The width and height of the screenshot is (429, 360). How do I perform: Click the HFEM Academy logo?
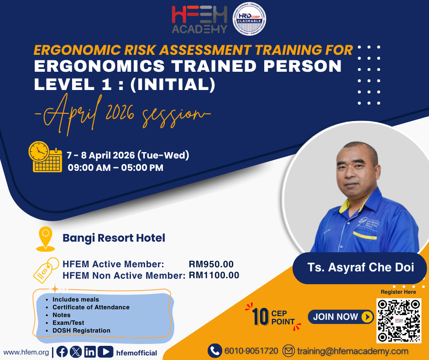coord(199,20)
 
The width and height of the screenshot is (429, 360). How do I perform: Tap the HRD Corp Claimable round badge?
coord(249,19)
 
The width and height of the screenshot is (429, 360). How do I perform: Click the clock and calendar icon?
coord(46,157)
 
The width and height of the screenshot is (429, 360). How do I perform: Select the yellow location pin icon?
coord(46,239)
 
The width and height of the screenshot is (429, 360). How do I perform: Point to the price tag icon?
coord(46,270)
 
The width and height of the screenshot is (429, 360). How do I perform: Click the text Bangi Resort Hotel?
coord(114,238)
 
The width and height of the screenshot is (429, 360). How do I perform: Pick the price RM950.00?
coord(211,264)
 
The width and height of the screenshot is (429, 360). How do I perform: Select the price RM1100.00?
coord(214,275)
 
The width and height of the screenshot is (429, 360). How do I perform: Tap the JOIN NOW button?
coord(341,317)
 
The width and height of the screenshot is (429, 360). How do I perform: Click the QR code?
coord(399,321)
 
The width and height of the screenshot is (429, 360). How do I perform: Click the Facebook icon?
coord(62,352)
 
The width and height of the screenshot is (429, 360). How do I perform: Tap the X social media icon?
coord(76,352)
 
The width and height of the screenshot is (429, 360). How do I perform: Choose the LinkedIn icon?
coord(90,352)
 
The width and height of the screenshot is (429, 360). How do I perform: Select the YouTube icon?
coord(105,352)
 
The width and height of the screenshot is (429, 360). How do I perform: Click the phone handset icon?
coord(215,351)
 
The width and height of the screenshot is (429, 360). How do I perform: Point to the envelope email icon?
coord(288,351)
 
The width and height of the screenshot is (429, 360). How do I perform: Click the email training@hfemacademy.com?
coord(353,351)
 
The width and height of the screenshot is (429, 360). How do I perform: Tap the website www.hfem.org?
coord(26,352)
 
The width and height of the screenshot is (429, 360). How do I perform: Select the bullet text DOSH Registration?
coord(81,331)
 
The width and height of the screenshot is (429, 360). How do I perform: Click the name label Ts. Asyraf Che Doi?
coord(361,267)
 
